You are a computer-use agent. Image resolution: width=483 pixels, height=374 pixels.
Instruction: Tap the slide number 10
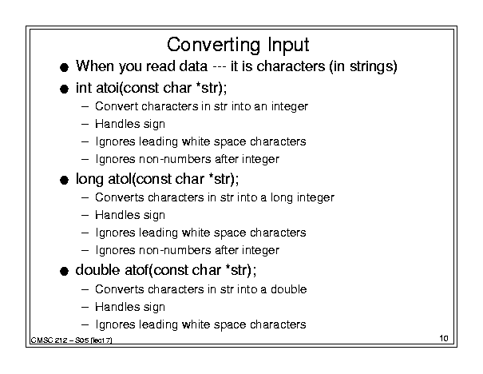(x=444, y=338)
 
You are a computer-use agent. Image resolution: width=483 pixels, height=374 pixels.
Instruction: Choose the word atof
(x=137, y=270)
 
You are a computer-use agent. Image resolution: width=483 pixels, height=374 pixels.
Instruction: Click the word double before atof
(x=97, y=270)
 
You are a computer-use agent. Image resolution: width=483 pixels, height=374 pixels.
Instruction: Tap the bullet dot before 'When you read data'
(x=64, y=67)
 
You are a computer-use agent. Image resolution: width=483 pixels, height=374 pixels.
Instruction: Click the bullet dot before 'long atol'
(x=64, y=181)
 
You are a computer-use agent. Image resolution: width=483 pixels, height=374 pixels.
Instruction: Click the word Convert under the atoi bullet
(x=117, y=106)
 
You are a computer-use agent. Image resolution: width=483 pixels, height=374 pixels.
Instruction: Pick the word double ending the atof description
(x=289, y=289)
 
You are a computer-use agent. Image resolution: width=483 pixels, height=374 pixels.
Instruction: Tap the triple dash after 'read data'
(x=219, y=67)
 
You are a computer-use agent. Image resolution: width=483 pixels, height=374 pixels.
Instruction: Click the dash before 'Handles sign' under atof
(x=85, y=307)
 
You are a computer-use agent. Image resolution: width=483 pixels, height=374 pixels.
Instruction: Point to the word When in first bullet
(x=95, y=66)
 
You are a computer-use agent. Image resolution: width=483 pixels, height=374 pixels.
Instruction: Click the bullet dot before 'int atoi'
(x=64, y=90)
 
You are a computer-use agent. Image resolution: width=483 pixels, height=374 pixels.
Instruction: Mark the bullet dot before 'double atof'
(x=64, y=272)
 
